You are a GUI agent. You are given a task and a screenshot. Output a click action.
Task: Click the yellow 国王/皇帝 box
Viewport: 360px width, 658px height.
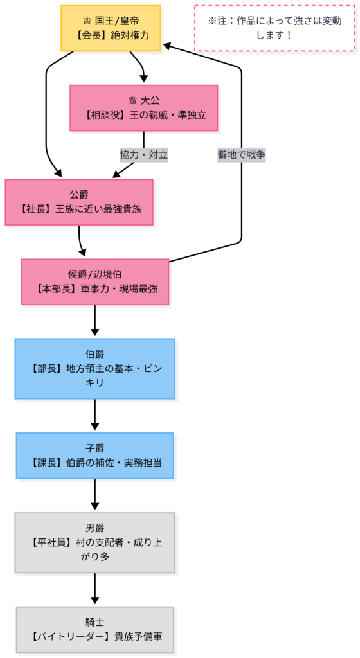click(x=111, y=28)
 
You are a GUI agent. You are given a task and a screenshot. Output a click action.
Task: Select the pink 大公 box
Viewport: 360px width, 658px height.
click(x=143, y=108)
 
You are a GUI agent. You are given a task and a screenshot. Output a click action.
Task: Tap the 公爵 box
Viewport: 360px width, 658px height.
click(x=79, y=202)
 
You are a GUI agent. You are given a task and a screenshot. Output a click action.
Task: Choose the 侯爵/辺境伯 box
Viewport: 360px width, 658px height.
click(x=94, y=281)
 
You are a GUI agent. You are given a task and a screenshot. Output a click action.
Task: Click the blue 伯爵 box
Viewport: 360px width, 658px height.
click(x=94, y=369)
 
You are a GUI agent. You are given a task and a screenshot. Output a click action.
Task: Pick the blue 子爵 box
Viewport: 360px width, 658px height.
click(x=94, y=456)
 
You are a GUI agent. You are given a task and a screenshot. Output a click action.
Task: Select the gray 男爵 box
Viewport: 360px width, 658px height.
click(x=94, y=542)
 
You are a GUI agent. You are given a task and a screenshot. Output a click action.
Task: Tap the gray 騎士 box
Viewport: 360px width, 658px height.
click(x=94, y=630)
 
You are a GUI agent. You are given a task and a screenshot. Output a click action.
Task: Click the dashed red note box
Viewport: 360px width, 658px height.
click(x=274, y=28)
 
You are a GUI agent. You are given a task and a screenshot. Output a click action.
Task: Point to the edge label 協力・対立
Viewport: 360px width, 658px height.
click(x=144, y=155)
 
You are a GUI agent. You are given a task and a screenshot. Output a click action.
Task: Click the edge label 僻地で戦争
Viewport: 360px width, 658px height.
click(x=241, y=155)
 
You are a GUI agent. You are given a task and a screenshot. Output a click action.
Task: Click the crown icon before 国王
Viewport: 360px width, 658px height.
click(x=87, y=21)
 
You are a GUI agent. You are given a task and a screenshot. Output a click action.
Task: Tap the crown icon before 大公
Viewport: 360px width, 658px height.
click(x=133, y=101)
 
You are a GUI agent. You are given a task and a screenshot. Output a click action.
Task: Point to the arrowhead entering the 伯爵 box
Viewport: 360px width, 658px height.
click(x=94, y=333)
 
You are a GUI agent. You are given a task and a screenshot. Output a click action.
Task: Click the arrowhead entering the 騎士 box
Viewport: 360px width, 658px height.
click(x=94, y=601)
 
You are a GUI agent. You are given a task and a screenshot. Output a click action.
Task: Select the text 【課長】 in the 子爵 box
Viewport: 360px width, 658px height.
click(x=47, y=463)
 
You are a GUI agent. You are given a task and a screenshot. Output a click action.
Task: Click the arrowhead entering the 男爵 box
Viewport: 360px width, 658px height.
click(x=94, y=507)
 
